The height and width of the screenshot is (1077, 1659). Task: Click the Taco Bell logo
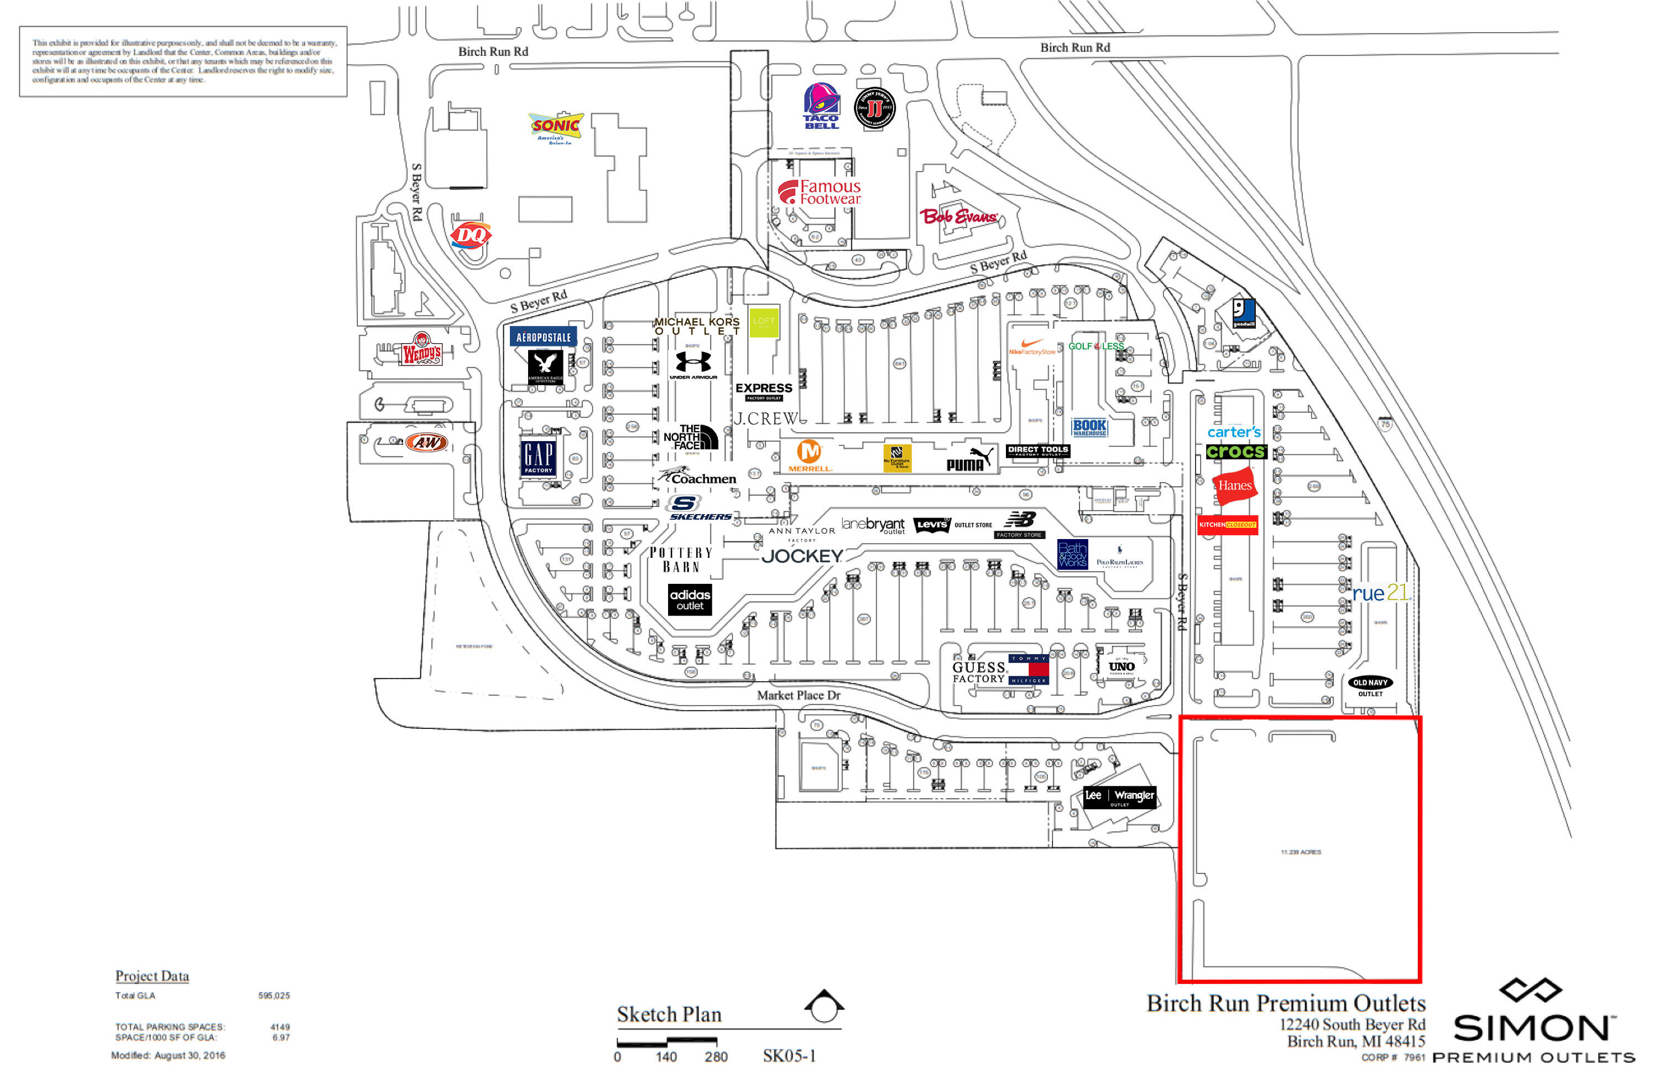[x=822, y=106]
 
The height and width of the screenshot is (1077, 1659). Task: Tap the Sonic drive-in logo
[x=556, y=126]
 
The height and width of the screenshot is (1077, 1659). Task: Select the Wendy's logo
[x=422, y=349]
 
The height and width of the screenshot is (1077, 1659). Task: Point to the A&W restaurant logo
[x=426, y=442]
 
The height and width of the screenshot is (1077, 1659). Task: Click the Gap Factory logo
[x=538, y=457]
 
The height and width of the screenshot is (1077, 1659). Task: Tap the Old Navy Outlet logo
[x=1370, y=686]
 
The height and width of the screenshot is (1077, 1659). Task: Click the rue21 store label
[x=1380, y=592]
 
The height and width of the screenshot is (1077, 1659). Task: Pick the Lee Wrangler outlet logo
[x=1119, y=796]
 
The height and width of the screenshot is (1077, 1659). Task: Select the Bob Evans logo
[x=959, y=216]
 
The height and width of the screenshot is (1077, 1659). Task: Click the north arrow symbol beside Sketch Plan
[x=824, y=1006]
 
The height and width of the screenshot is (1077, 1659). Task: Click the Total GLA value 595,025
[x=274, y=996]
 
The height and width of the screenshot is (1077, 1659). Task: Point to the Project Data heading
[x=152, y=975]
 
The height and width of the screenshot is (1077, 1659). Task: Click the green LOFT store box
[x=764, y=322]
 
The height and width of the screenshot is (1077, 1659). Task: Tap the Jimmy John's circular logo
[x=874, y=108]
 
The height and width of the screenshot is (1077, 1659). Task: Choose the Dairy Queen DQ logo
[x=471, y=235]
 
